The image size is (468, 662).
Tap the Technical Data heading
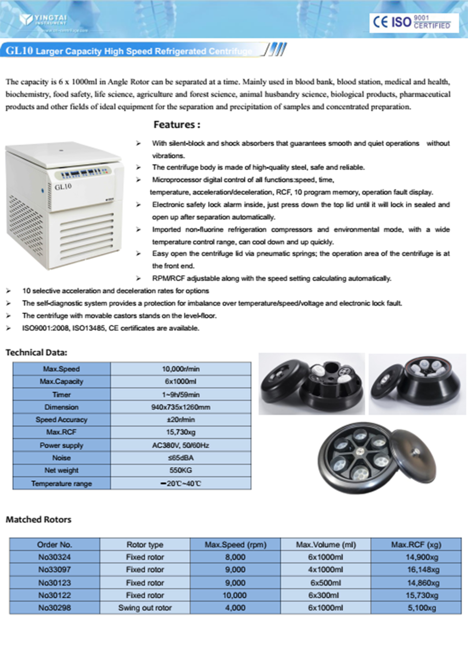[x=36, y=352]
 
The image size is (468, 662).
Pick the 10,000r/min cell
[x=181, y=369]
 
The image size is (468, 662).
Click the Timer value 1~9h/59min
[x=181, y=394]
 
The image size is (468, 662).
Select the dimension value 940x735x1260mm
[x=181, y=407]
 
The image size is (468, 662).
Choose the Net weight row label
[x=61, y=470]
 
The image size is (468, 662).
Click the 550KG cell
[x=181, y=470]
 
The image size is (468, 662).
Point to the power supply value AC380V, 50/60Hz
[x=181, y=446]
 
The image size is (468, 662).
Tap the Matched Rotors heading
[x=38, y=520]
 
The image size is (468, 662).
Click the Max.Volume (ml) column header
[x=326, y=545]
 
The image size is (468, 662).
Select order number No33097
[x=55, y=570]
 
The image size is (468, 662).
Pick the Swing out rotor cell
[x=145, y=608]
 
